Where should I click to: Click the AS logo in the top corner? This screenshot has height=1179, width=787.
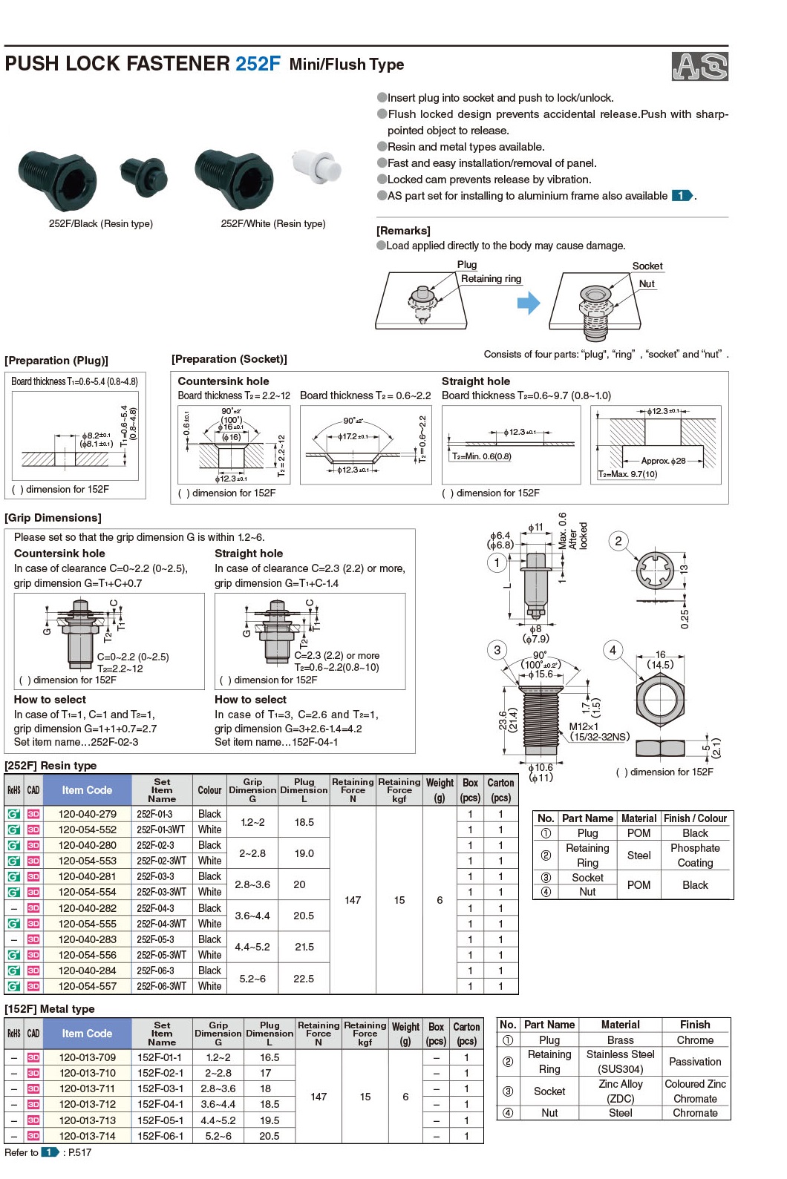point(699,66)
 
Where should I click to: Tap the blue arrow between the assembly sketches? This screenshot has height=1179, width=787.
point(529,303)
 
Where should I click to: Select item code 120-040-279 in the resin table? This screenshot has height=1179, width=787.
point(88,814)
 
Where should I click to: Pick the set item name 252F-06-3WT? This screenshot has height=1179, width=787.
point(161,986)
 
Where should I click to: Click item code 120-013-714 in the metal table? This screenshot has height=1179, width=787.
point(88,1136)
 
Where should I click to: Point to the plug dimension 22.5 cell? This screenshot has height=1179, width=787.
point(304,979)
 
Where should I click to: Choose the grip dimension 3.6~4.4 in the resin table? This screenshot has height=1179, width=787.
point(252,916)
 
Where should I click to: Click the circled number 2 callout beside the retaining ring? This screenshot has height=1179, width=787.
point(618,541)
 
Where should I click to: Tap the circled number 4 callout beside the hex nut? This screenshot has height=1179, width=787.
point(613,650)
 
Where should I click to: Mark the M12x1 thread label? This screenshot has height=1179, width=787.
point(584,726)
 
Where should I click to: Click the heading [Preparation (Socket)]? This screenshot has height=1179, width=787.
point(229,359)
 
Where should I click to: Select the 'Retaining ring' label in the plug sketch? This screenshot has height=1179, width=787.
point(491,279)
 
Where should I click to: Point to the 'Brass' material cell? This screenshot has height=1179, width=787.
point(620,1040)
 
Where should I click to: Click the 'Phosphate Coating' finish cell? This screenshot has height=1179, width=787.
point(695,855)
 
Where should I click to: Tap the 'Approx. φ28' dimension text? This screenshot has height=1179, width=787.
point(663,461)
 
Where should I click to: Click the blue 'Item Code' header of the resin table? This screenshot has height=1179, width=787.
point(87,790)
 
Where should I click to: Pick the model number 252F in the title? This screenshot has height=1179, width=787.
point(258,64)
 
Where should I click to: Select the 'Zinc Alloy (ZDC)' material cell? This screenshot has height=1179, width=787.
point(620,1091)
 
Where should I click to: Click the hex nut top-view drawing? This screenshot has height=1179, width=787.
point(659,700)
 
